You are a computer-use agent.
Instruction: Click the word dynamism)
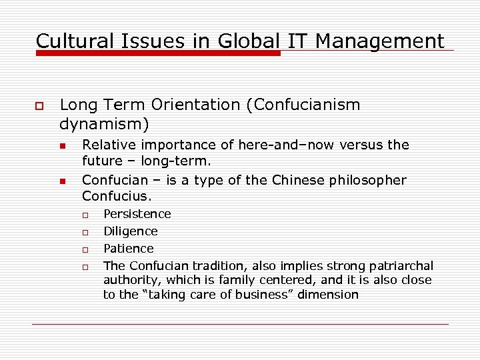coord(105,124)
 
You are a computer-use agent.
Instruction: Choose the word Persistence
coord(137,214)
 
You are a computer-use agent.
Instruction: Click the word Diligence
coord(131,231)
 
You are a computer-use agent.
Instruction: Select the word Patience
coord(129,249)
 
